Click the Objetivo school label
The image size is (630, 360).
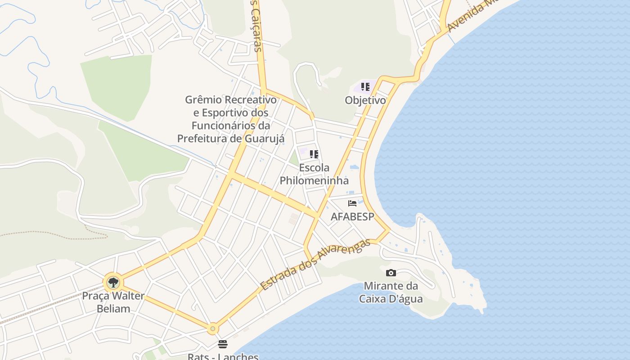tap(365, 100)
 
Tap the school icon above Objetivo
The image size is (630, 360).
tap(365, 86)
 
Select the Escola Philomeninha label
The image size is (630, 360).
tap(314, 174)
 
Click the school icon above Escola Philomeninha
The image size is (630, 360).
tap(314, 154)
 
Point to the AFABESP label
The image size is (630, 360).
tap(352, 216)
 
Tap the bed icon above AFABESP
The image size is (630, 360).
tap(352, 203)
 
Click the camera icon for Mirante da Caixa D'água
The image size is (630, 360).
tap(391, 273)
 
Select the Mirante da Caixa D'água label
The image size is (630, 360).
tap(391, 292)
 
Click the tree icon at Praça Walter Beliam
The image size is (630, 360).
tap(113, 283)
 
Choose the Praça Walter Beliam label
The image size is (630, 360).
tap(113, 302)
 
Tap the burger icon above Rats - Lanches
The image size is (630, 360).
tap(223, 345)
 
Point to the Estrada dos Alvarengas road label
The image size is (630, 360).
tap(315, 264)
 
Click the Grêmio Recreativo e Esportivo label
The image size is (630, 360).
tap(231, 119)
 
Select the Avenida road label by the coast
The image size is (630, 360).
tap(472, 17)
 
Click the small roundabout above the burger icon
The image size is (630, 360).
tap(213, 329)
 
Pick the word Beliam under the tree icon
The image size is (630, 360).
tap(113, 309)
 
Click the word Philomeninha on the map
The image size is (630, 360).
tap(314, 180)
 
